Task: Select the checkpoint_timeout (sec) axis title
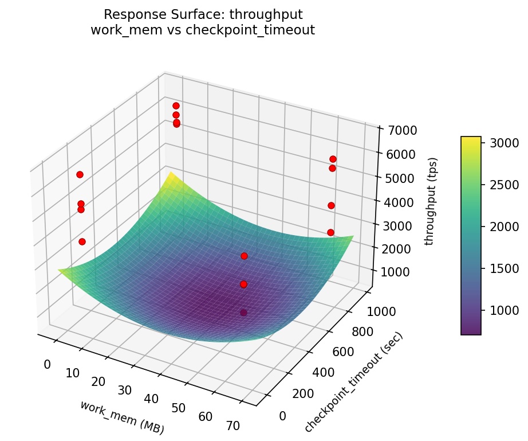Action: [x=354, y=383]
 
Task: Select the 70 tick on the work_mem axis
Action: [x=233, y=425]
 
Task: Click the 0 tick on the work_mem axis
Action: [x=47, y=365]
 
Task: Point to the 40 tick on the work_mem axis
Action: [x=152, y=399]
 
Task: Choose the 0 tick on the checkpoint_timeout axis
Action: [x=283, y=416]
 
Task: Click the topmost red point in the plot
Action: [x=176, y=106]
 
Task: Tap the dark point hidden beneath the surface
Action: [x=244, y=313]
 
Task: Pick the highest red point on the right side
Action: [x=333, y=159]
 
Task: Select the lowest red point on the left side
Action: [x=82, y=241]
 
